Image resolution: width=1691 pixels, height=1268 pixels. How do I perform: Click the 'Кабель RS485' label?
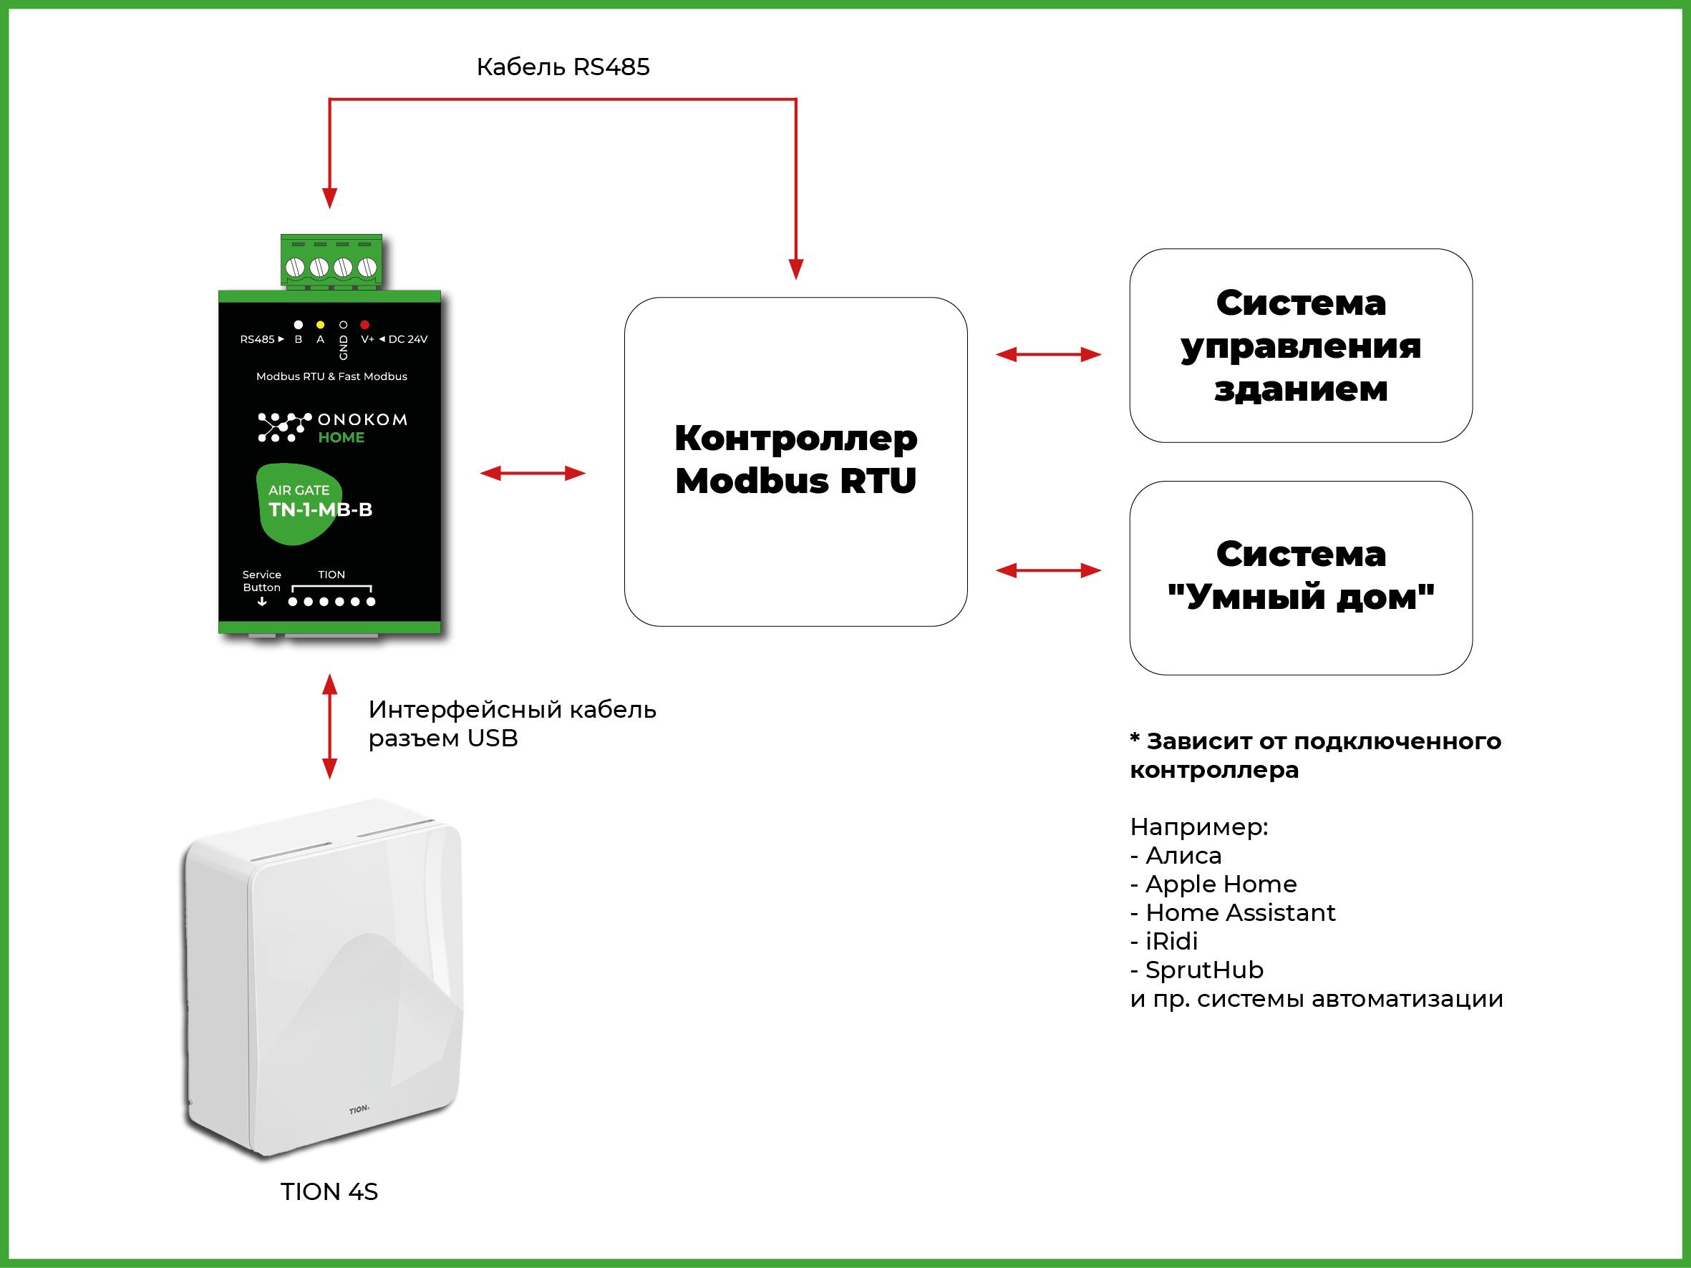pos(563,67)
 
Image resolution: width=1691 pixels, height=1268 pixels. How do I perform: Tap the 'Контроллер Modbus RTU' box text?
pos(795,459)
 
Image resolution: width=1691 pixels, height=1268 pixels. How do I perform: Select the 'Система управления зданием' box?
pos(1300,346)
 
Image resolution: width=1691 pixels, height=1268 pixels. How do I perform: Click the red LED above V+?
pos(364,325)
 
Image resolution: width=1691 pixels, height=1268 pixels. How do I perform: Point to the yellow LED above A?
pos(320,325)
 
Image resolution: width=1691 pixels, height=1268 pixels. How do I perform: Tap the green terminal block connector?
pos(331,261)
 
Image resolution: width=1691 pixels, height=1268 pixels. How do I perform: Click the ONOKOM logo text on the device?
pos(362,419)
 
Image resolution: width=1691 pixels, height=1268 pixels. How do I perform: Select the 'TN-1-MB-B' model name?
pos(320,509)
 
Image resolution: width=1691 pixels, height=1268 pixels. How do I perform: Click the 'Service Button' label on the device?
pos(261,581)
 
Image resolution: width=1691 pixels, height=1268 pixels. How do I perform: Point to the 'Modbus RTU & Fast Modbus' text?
pos(331,376)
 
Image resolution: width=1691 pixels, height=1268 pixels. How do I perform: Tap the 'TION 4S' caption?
pos(329,1191)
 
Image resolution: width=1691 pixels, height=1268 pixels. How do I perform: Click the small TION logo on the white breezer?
pos(359,1110)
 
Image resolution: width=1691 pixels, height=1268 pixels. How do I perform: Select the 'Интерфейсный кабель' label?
pos(512,710)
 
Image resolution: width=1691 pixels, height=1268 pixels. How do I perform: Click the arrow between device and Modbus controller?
pos(533,473)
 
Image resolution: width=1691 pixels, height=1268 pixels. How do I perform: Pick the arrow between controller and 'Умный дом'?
pos(1048,570)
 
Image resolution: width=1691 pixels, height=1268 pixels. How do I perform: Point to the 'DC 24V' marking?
pos(407,339)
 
